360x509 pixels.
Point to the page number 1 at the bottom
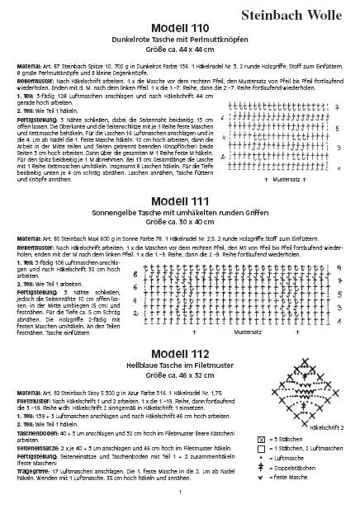179,493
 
